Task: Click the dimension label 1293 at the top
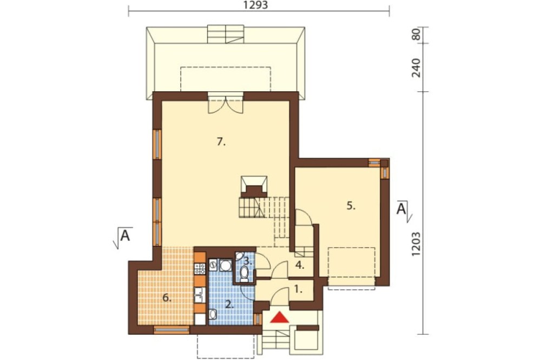(256, 5)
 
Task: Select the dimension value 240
(417, 68)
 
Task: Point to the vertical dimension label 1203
(417, 244)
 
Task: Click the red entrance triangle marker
(279, 317)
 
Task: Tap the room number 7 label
(221, 142)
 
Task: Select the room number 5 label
(351, 206)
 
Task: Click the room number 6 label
(167, 298)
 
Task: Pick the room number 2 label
(229, 304)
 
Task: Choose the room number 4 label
(300, 265)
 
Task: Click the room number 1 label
(298, 290)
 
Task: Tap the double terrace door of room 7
(226, 104)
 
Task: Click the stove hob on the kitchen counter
(200, 268)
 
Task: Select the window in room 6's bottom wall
(171, 330)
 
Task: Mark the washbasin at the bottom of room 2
(213, 315)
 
